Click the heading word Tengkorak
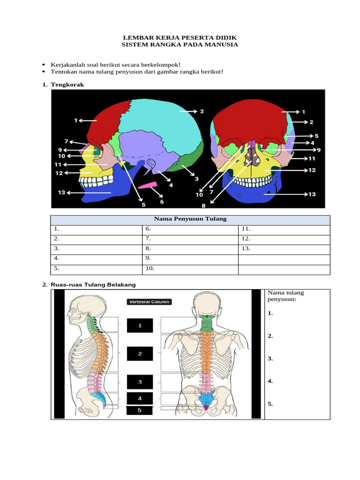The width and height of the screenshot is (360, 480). click(67, 84)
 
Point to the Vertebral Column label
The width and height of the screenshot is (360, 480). click(149, 302)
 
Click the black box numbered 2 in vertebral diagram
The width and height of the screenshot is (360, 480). click(140, 354)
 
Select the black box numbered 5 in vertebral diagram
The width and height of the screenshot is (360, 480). click(139, 410)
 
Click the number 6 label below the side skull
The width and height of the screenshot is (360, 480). click(162, 202)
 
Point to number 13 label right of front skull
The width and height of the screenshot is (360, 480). click(312, 194)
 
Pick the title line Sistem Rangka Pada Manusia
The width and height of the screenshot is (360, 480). click(180, 45)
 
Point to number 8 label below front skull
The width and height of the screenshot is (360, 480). click(204, 205)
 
